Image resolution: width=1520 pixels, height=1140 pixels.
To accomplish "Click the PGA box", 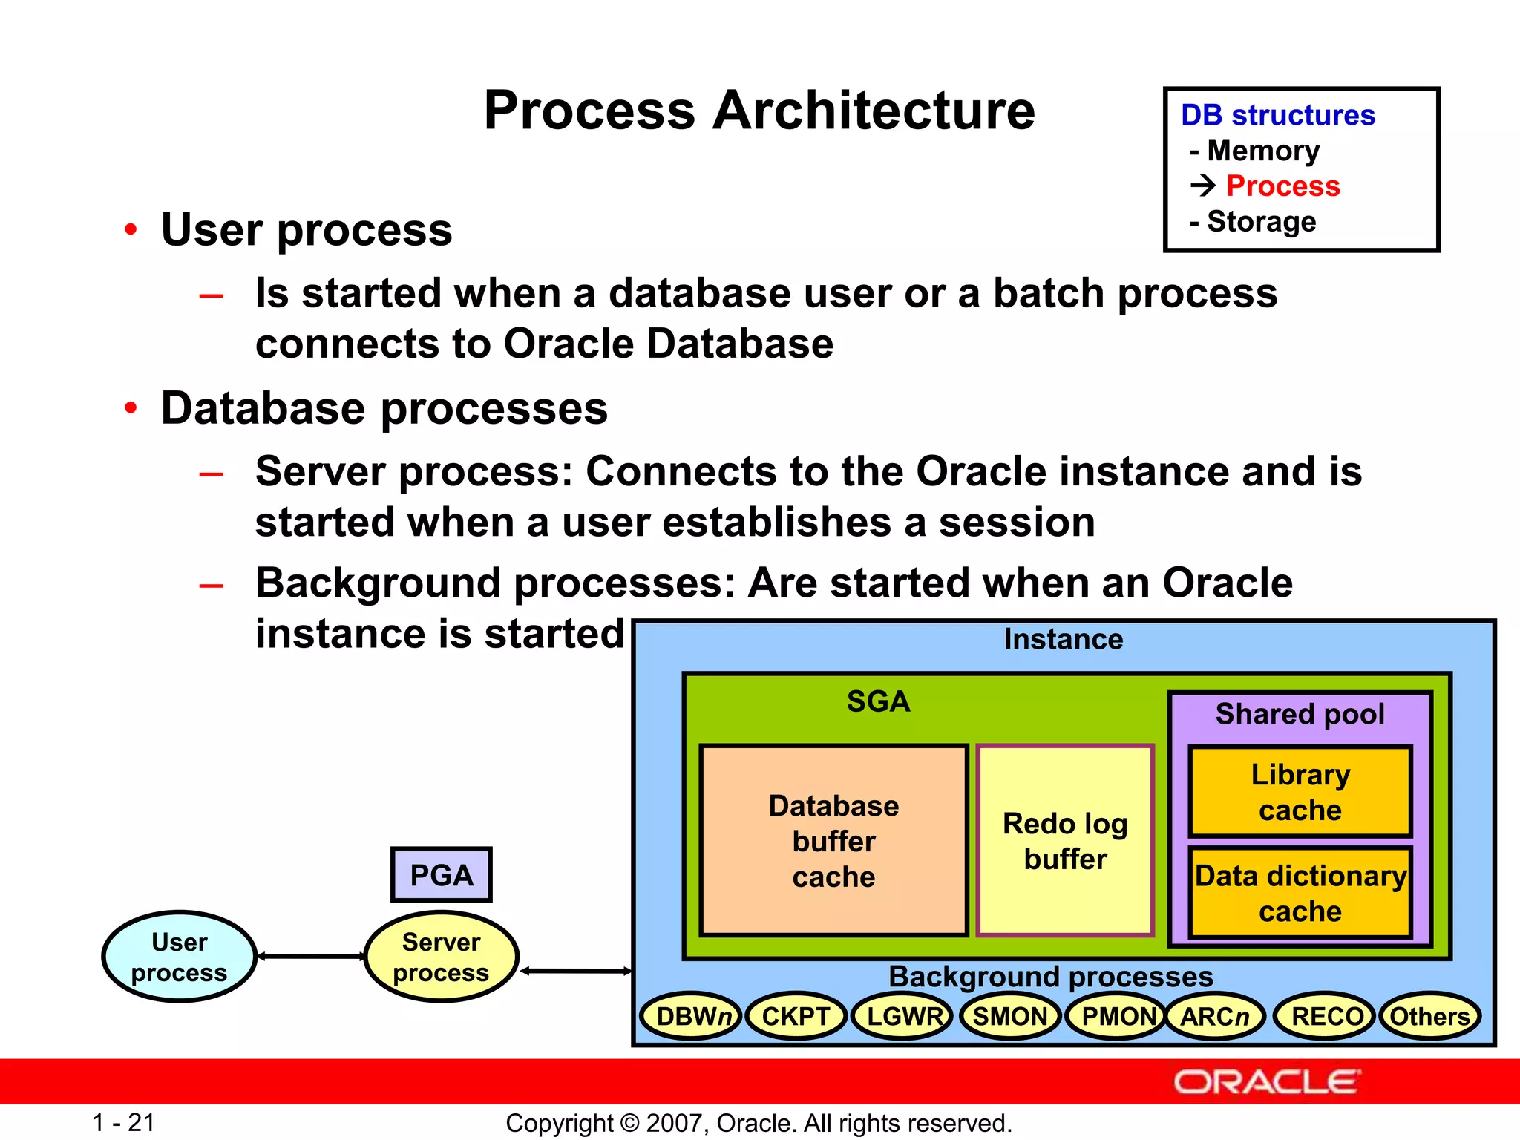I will pyautogui.click(x=441, y=875).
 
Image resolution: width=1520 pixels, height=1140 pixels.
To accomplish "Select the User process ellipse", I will pyautogui.click(x=179, y=957).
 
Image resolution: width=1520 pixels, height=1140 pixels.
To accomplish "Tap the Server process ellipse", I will pyautogui.click(x=441, y=957).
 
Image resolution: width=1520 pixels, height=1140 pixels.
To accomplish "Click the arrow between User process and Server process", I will pyautogui.click(x=310, y=957).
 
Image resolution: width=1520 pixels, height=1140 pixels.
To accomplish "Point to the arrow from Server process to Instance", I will pyautogui.click(x=575, y=971).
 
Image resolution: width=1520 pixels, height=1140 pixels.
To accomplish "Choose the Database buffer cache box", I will pyautogui.click(x=833, y=841).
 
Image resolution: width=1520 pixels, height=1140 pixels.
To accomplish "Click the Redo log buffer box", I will pyautogui.click(x=1065, y=841).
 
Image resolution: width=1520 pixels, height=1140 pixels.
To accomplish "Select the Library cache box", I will pyautogui.click(x=1300, y=792).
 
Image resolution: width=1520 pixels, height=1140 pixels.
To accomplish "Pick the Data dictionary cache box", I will pyautogui.click(x=1300, y=893).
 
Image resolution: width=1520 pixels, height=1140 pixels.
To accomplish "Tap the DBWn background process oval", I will pyautogui.click(x=691, y=1016).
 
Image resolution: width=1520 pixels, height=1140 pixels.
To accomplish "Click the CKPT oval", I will pyautogui.click(x=796, y=1016).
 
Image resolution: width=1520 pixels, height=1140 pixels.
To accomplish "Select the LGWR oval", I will pyautogui.click(x=903, y=1016).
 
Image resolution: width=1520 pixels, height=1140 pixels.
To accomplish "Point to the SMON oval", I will pyautogui.click(x=1009, y=1016).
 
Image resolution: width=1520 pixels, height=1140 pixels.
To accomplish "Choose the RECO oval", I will pyautogui.click(x=1326, y=1016).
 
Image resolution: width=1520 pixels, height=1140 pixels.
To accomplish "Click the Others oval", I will pyautogui.click(x=1429, y=1016).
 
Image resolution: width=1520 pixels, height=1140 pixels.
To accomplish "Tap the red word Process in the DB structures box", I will pyautogui.click(x=1282, y=186).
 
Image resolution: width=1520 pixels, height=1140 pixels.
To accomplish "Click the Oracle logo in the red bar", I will pyautogui.click(x=1266, y=1082).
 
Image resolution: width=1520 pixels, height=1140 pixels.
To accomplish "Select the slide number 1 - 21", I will pyautogui.click(x=123, y=1122).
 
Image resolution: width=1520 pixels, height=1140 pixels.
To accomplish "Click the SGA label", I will pyautogui.click(x=878, y=701).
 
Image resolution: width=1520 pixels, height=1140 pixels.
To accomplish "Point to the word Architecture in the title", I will pyautogui.click(x=874, y=111).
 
